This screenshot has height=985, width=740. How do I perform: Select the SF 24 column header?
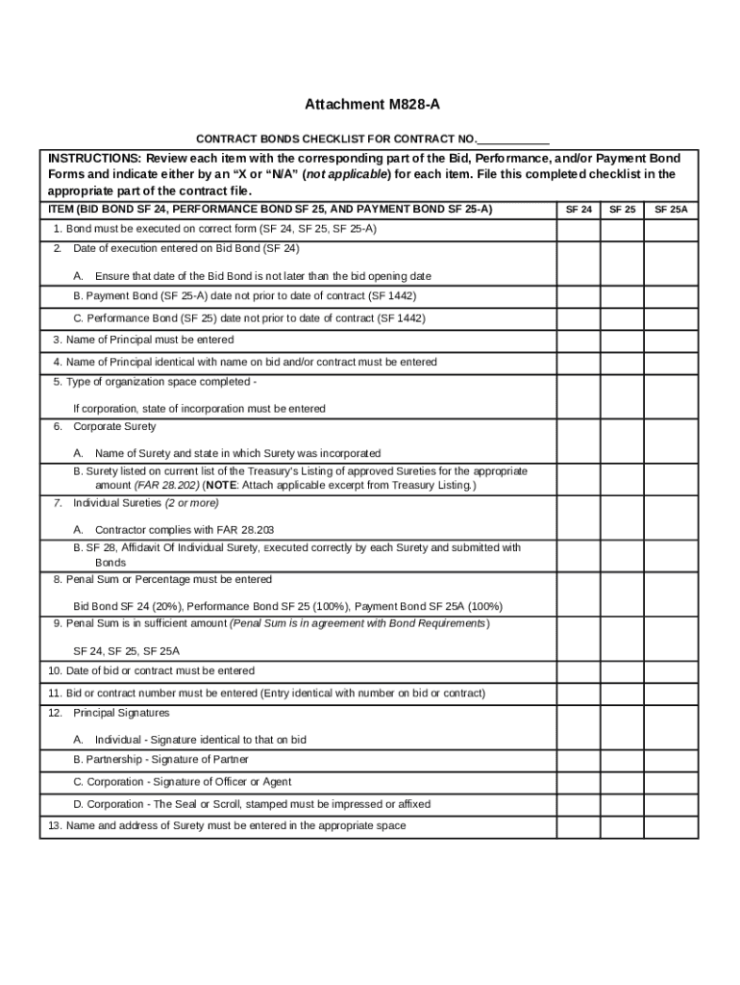point(579,209)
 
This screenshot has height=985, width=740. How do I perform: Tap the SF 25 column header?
point(622,209)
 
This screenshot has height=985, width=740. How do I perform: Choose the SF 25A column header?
point(671,209)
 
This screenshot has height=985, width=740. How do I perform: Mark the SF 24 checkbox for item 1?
point(579,229)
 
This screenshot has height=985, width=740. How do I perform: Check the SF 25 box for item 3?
point(622,340)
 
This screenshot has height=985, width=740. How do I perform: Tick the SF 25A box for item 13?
point(671,826)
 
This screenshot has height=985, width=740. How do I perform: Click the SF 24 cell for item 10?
point(579,671)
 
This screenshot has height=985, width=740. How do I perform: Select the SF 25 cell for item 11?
point(622,693)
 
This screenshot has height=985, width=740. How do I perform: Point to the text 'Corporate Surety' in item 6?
point(114,426)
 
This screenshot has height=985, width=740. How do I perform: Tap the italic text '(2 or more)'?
point(191,503)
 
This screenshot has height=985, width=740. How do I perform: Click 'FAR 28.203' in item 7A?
point(245,530)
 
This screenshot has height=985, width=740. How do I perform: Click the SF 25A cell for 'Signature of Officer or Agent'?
point(671,782)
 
